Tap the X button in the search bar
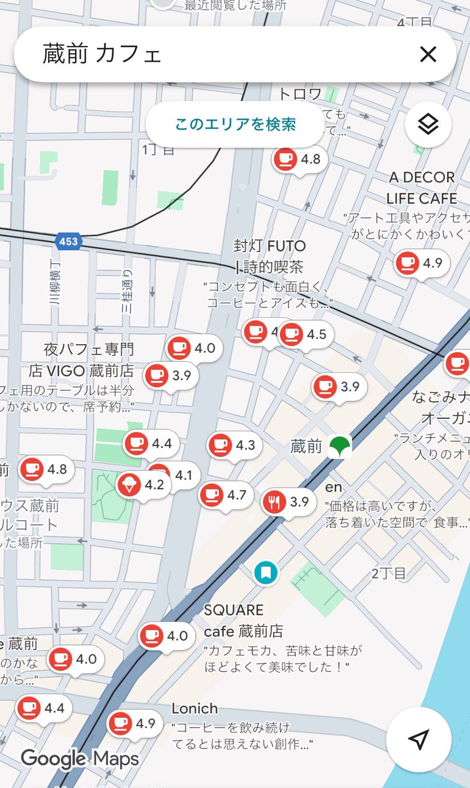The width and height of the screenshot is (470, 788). tap(428, 55)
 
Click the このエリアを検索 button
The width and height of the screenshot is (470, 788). tap(235, 124)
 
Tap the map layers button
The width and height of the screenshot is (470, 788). tap(428, 123)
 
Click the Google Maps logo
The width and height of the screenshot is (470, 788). tap(80, 759)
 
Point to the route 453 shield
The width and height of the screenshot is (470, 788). tap(68, 241)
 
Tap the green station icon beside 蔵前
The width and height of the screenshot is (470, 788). tap(340, 447)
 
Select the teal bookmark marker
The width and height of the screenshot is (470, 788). tap(266, 573)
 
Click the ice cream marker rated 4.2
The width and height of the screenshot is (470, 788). tap(128, 485)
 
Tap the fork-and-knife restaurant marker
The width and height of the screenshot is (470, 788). tap(273, 502)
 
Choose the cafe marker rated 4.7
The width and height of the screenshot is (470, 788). tap(211, 494)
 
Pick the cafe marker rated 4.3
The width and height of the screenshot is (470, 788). tap(220, 445)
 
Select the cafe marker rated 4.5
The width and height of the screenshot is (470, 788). tap(291, 334)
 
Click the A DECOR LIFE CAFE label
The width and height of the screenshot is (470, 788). tap(421, 188)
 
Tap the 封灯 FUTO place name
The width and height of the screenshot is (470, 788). tap(270, 246)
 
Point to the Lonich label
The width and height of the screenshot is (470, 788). tap(195, 709)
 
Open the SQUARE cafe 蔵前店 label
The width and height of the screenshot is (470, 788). tap(243, 621)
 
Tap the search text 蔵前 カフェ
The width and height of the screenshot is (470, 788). tap(102, 55)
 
